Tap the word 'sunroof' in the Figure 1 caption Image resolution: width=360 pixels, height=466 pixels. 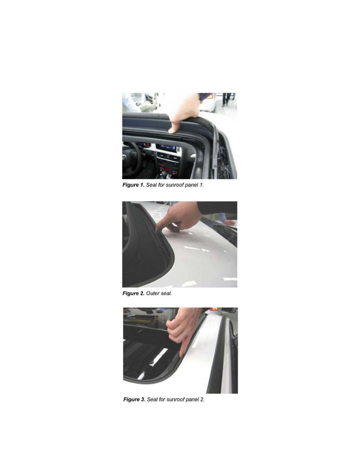point(175,185)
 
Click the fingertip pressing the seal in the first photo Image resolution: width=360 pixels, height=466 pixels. point(172,130)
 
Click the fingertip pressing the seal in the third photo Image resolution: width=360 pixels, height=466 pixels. point(182,355)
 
